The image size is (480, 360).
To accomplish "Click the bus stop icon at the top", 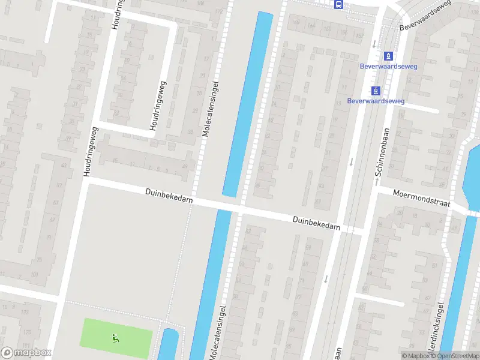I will tap(340, 5).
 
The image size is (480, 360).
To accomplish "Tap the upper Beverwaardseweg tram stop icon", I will tap(389, 56).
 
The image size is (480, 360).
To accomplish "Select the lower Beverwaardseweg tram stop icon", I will tap(376, 91).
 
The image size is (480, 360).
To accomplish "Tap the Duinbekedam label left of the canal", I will tap(169, 196).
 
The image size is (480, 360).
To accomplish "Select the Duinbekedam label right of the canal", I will tap(316, 223).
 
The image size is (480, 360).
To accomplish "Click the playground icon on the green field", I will tap(115, 338).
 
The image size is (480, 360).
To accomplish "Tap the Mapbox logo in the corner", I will tap(26, 353).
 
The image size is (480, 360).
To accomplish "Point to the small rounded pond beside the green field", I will tap(168, 344).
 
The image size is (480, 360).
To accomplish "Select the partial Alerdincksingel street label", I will tap(439, 327).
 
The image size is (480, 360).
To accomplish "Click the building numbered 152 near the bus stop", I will tap(359, 35).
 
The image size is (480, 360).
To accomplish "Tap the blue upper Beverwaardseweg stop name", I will tap(384, 66).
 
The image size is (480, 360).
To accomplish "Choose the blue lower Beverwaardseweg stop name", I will tap(376, 101).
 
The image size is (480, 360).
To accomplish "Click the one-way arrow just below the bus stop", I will tap(374, 43).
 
